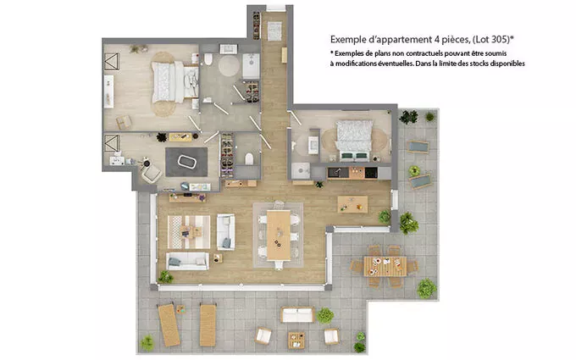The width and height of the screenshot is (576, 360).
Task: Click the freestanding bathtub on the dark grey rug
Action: [187, 162]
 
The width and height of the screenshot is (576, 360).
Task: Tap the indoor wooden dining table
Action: [279, 235]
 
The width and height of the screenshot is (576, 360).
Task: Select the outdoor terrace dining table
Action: [385, 266]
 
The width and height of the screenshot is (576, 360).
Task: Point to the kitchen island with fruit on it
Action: [352, 204]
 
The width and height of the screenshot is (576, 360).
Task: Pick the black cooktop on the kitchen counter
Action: [371, 173]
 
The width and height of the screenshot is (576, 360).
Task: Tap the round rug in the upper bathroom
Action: [229, 66]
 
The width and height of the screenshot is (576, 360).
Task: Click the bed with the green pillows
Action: [354, 141]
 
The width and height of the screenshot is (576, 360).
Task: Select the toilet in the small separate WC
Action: [249, 158]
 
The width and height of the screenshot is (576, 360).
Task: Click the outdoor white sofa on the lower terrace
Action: [297, 315]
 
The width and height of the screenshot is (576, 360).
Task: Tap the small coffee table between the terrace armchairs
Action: [296, 340]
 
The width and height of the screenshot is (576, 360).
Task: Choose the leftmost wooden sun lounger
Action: [169, 325]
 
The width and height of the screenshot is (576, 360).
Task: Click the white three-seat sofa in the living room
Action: [187, 261]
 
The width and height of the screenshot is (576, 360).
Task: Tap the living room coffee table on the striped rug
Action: [191, 231]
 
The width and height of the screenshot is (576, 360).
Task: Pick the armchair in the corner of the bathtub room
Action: [152, 174]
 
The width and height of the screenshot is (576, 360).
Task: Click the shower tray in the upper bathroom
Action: [251, 66]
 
